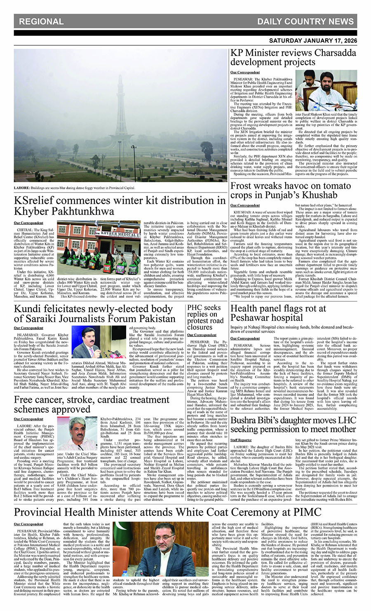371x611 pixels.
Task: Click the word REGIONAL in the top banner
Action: coord(41,21)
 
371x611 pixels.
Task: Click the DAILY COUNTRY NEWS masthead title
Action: coord(305,21)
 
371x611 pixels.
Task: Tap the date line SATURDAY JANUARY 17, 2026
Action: coord(313,41)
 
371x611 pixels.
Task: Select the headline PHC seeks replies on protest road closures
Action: coord(205,317)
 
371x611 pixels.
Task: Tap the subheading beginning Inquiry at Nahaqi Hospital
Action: coord(292,329)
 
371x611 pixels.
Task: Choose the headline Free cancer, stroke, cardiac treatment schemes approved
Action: coord(92,404)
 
